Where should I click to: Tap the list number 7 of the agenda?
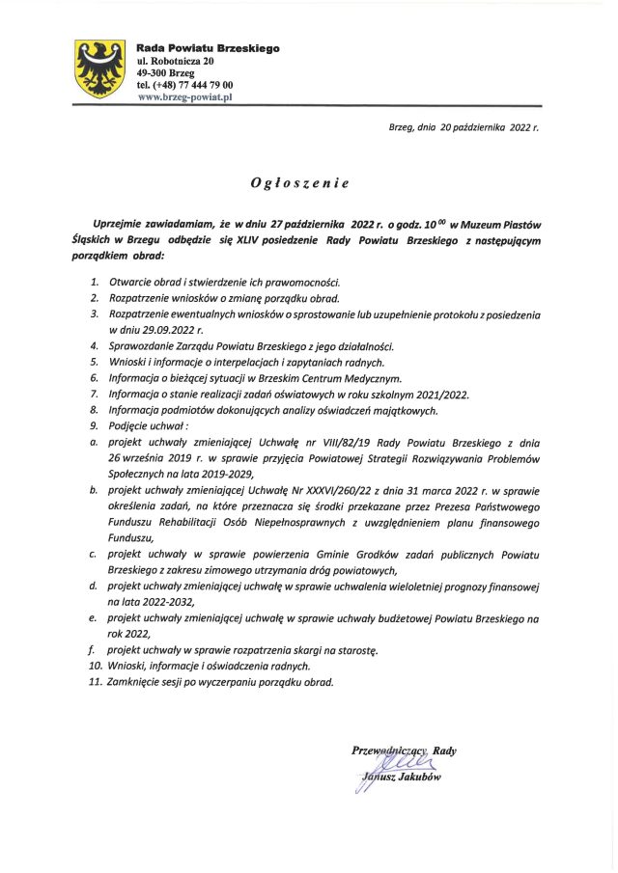pos(94,394)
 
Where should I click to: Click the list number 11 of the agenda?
pos(95,681)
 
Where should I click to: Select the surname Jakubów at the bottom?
pos(418,779)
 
